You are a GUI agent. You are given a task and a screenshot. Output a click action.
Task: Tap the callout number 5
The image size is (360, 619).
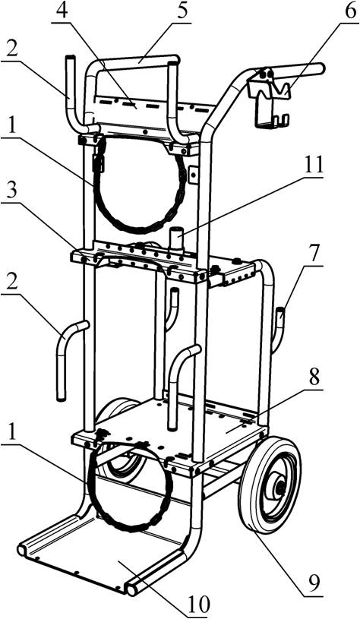(x=182, y=11)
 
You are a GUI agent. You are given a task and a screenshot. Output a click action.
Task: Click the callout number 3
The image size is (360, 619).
(x=13, y=194)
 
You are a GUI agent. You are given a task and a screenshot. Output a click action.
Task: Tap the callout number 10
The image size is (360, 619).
(x=197, y=604)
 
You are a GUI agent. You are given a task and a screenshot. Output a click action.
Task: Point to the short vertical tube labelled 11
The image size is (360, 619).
(x=175, y=240)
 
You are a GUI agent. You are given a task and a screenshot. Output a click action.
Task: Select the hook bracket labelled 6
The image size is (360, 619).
(x=269, y=98)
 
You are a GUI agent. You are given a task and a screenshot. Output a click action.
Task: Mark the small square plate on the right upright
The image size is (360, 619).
(x=194, y=174)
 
